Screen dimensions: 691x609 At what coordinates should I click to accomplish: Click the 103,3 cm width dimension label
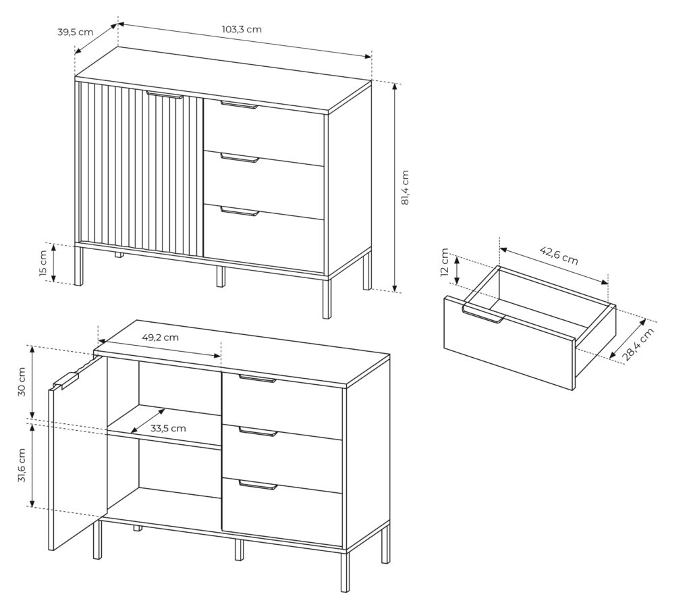[x=241, y=30]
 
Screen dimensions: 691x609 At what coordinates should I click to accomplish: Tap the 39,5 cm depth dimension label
[x=76, y=32]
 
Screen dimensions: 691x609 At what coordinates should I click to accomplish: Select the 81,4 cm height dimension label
[x=406, y=188]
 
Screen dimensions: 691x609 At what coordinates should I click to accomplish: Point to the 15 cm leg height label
[x=43, y=263]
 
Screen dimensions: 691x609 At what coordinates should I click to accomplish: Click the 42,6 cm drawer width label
[x=559, y=255]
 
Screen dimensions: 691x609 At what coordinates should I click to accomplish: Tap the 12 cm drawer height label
[x=445, y=262]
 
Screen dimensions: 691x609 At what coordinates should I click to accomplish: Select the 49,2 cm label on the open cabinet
[x=161, y=338]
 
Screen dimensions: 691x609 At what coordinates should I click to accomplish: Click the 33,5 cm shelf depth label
[x=168, y=428]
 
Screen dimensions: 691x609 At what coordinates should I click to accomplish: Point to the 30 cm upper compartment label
[x=22, y=381]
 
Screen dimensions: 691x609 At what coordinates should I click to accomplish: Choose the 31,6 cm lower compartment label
[x=22, y=466]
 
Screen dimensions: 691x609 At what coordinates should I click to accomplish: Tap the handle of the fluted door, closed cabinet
[x=165, y=95]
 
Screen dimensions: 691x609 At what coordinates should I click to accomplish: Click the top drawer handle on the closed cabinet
[x=239, y=105]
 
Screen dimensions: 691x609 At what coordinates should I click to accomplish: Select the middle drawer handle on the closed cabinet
[x=240, y=158]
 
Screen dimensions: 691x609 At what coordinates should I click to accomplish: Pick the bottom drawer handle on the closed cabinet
[x=240, y=211]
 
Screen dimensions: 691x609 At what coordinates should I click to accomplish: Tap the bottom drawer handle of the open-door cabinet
[x=258, y=485]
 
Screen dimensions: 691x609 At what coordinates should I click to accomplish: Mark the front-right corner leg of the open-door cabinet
[x=345, y=572]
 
